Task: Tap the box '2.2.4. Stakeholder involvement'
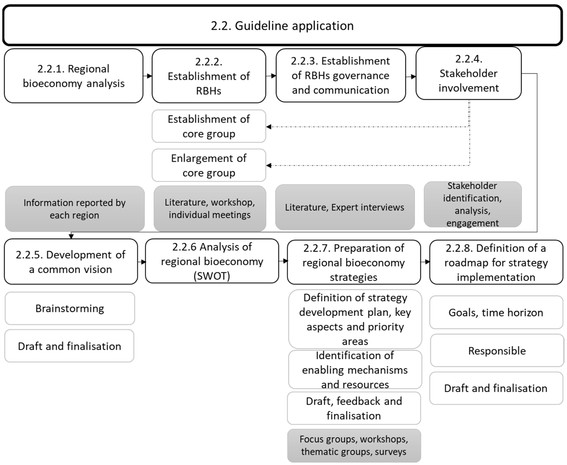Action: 468,73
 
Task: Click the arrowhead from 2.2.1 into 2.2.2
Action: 150,76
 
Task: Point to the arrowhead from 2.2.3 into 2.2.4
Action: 414,77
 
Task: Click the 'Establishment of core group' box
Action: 209,126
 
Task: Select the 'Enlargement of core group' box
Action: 209,165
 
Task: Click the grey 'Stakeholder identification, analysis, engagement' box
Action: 472,204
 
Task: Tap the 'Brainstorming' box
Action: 70,308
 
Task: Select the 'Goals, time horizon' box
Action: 496,312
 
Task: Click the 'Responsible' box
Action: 497,350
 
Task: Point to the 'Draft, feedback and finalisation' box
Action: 354,408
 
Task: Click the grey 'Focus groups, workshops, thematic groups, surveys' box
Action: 354,446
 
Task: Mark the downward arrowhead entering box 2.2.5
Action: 71,236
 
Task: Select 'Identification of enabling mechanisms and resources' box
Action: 355,370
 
